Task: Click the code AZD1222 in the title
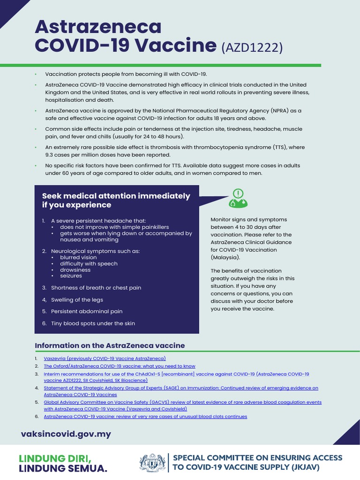(x=252, y=47)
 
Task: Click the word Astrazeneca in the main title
(x=98, y=27)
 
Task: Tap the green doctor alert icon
(x=238, y=198)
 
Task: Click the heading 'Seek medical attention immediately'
(x=116, y=196)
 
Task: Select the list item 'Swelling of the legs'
(x=77, y=300)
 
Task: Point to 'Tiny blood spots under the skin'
(x=93, y=323)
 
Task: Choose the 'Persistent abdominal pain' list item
(x=87, y=311)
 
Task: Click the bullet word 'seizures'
(x=71, y=276)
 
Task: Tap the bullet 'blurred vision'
(x=78, y=257)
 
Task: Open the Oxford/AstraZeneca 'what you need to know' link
(x=120, y=366)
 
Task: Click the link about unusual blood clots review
(x=145, y=416)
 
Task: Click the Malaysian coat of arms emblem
(x=152, y=463)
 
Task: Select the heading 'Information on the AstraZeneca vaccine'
(x=110, y=345)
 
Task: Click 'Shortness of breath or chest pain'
(x=96, y=288)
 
